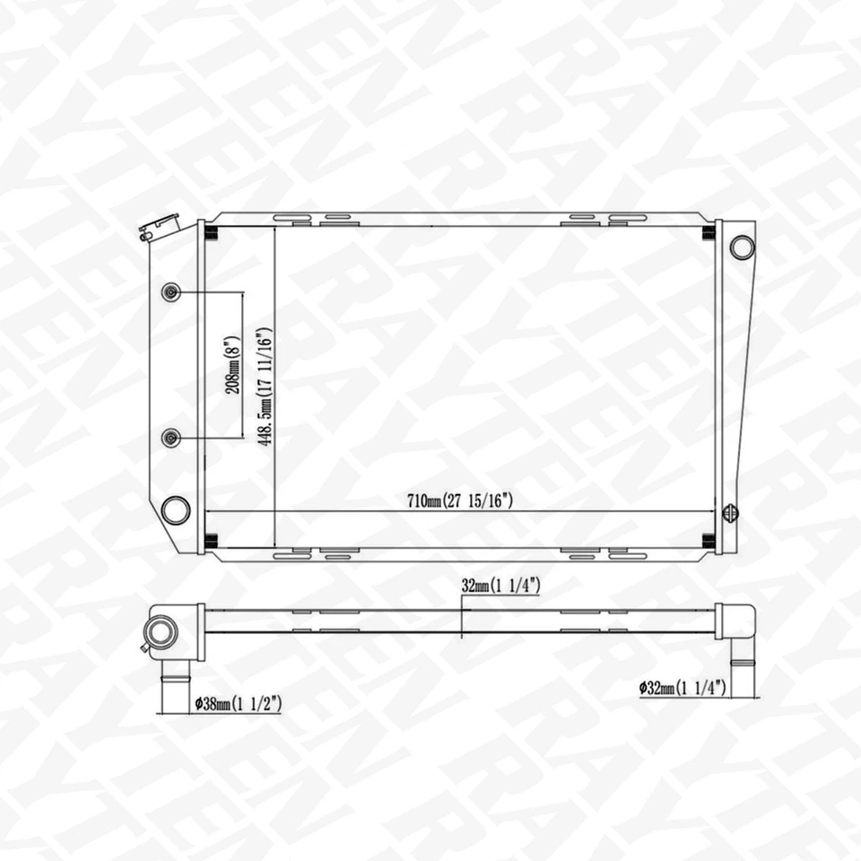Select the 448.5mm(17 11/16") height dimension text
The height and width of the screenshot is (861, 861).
coord(266,385)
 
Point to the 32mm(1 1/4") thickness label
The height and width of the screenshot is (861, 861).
coord(500,586)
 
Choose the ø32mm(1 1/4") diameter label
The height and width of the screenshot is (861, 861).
coord(683,689)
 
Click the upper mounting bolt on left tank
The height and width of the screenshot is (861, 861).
coord(171,292)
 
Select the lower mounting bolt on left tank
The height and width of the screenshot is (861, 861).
coord(171,437)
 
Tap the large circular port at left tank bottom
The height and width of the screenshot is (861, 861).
coord(175,510)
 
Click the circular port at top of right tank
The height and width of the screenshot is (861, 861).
coord(742,246)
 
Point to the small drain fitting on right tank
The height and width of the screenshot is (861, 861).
coord(730,513)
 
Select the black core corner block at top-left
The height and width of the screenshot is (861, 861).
coord(212,234)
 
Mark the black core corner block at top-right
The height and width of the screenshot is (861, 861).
coord(709,234)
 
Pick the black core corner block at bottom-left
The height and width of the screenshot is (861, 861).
coord(212,540)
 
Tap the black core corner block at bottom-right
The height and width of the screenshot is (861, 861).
coord(709,540)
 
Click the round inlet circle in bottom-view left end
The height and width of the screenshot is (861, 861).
coord(161,631)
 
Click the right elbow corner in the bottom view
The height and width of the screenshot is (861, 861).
coord(738,619)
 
